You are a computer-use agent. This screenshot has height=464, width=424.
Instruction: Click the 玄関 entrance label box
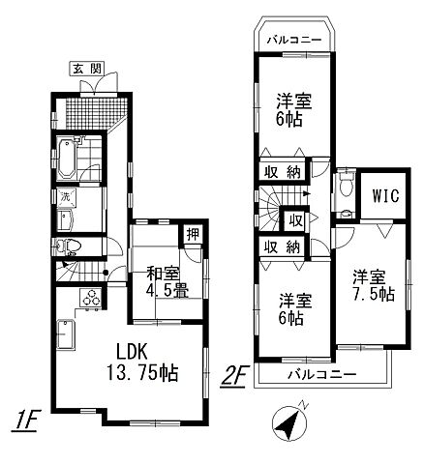[x=87, y=69]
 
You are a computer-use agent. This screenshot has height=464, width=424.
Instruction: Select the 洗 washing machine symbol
[x=67, y=197]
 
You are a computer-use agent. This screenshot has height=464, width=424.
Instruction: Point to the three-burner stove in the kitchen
[x=90, y=298]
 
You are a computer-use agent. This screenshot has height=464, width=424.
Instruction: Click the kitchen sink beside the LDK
[x=66, y=335]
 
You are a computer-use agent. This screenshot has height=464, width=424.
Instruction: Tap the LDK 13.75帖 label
[x=142, y=363]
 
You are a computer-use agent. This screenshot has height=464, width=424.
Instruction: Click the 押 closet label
[x=193, y=235]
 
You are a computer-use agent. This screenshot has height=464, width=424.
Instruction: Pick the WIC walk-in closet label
[x=385, y=195]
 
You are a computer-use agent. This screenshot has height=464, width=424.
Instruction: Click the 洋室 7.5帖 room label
[x=373, y=285]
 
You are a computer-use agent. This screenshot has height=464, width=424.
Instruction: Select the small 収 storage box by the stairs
[x=295, y=220]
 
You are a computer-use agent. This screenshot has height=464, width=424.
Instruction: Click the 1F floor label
[x=25, y=420]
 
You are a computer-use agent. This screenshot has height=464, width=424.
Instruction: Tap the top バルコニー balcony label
[x=294, y=40]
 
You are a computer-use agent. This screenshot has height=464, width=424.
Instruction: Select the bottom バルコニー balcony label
[x=322, y=375]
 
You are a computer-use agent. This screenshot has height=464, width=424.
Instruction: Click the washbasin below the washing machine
[x=66, y=219]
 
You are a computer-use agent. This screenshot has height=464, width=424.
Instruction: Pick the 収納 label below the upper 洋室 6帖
[x=283, y=172]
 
